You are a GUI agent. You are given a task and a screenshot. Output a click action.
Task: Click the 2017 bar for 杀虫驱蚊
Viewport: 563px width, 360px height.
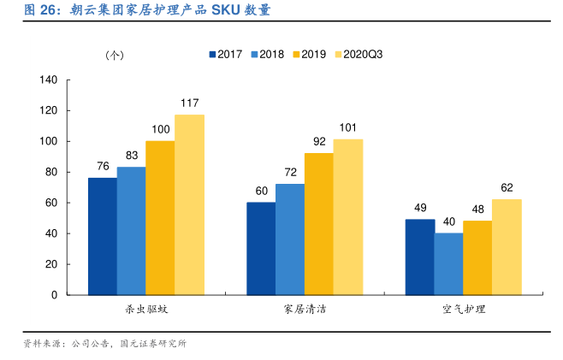click(x=103, y=236)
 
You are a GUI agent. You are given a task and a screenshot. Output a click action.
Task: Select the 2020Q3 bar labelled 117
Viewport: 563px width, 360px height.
click(x=190, y=204)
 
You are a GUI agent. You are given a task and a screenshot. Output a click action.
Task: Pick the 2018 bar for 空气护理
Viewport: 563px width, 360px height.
click(x=448, y=264)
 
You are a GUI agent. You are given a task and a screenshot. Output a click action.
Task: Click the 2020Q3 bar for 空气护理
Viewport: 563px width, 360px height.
click(x=507, y=247)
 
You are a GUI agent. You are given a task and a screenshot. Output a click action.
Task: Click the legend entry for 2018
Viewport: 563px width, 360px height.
click(x=267, y=54)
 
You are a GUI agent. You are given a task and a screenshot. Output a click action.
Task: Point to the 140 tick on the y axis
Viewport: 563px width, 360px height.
click(x=48, y=80)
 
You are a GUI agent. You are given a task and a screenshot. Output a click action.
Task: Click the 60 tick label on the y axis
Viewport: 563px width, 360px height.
click(x=50, y=203)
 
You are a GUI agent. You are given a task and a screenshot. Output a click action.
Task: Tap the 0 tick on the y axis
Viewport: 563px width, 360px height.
click(x=54, y=295)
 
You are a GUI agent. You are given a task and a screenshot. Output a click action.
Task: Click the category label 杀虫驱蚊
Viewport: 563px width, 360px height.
click(x=145, y=309)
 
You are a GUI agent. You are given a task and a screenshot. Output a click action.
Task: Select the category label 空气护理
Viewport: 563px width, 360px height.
click(x=463, y=309)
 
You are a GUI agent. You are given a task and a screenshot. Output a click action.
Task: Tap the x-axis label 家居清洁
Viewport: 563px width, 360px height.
click(x=304, y=309)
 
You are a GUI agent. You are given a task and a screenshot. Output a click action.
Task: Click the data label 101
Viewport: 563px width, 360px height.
click(x=347, y=128)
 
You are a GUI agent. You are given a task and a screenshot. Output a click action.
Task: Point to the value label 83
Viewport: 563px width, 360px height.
click(x=132, y=156)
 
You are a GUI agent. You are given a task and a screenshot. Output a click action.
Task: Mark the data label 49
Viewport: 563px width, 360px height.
click(x=419, y=208)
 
